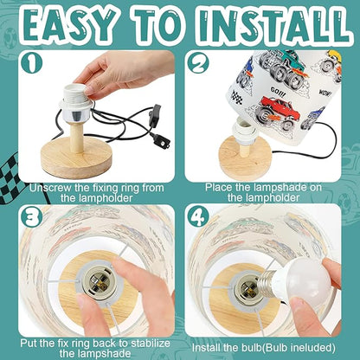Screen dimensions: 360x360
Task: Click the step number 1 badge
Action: [x=32, y=63]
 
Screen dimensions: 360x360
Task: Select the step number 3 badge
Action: [x=31, y=217]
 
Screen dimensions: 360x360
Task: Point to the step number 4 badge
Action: [x=198, y=216]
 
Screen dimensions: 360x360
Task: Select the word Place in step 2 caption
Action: [x=219, y=188]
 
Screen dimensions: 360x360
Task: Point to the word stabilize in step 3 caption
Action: [x=151, y=344]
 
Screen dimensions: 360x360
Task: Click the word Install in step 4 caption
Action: [x=205, y=347]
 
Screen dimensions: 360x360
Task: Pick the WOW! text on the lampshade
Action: [x=325, y=93]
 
